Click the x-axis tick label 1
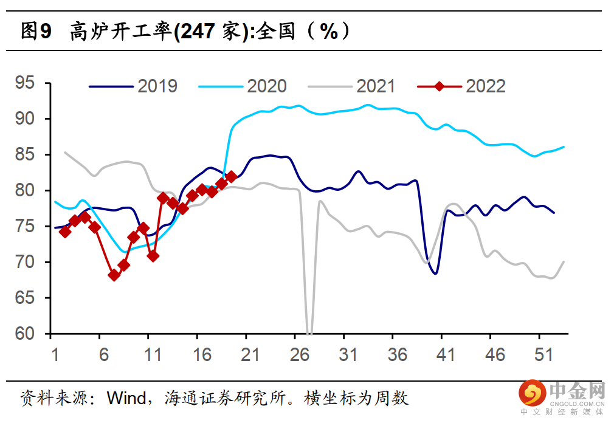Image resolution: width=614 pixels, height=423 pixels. [x=55, y=355]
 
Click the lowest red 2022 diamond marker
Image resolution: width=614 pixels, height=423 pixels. [x=114, y=275]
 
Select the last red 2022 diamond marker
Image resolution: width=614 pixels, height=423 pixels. [x=231, y=177]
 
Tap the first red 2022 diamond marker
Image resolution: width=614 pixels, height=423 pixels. [x=65, y=232]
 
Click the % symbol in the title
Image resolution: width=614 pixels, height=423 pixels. [x=329, y=31]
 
